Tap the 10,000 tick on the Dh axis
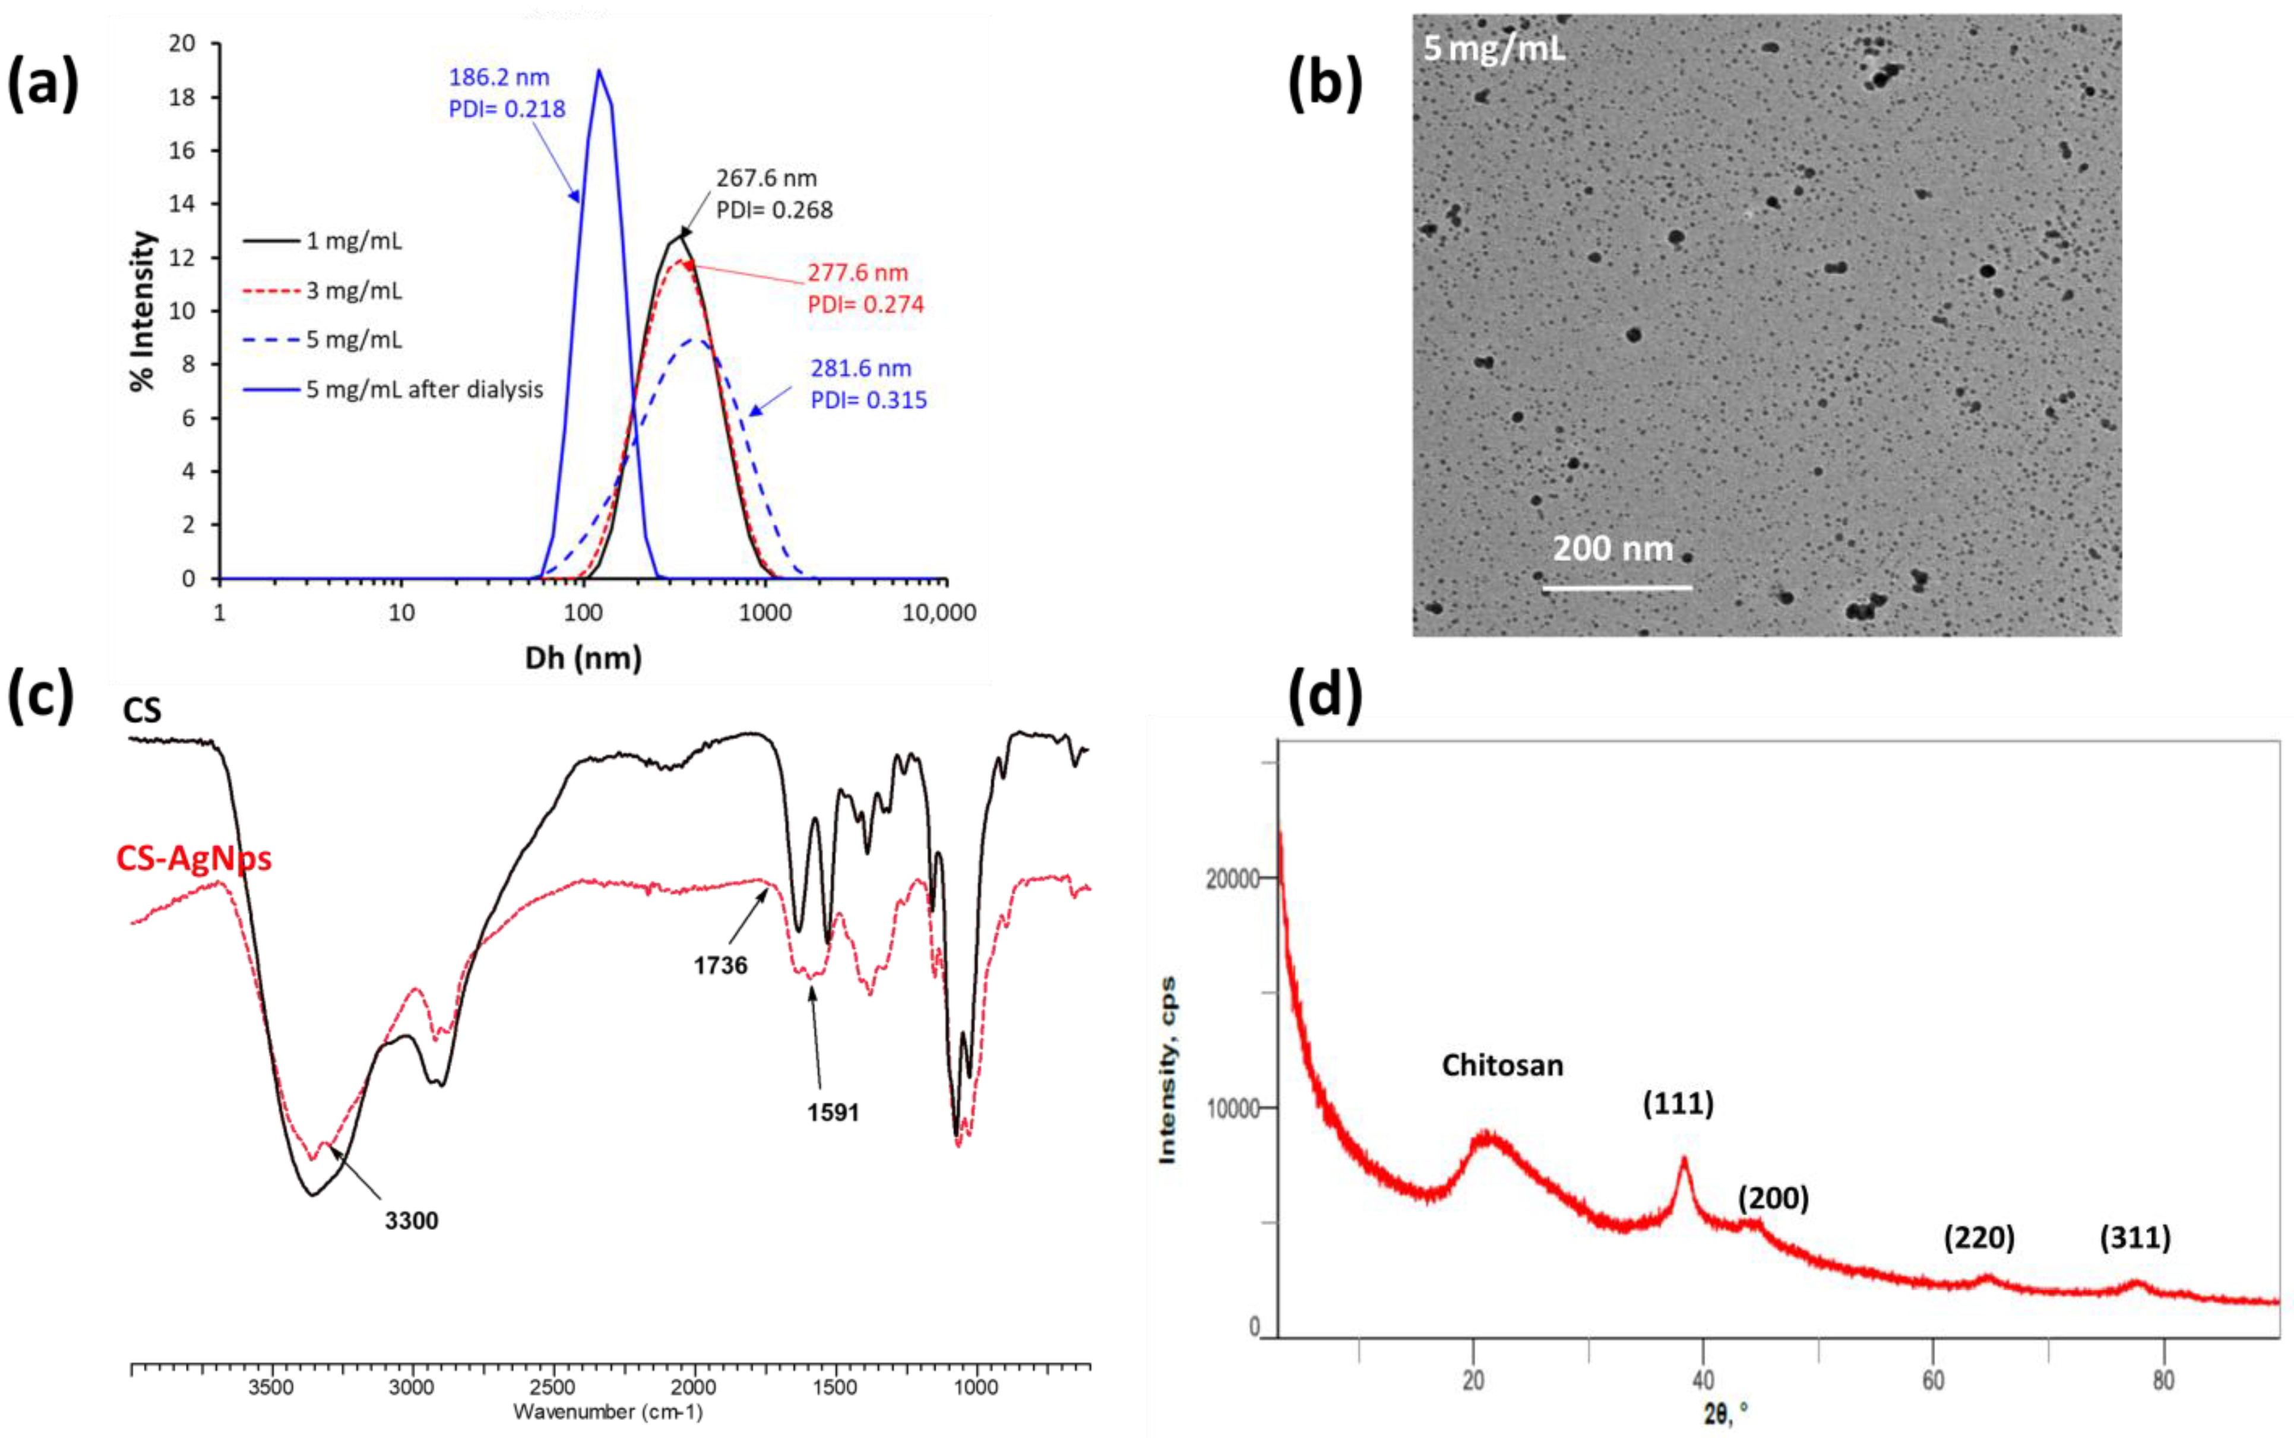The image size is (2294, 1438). click(939, 613)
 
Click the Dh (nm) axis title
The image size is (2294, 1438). click(583, 657)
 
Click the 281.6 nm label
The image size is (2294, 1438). click(860, 368)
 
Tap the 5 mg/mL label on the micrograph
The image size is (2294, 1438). click(1493, 47)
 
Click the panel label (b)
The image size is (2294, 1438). click(1325, 84)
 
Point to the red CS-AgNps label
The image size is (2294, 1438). click(194, 858)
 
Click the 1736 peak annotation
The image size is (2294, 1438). click(720, 966)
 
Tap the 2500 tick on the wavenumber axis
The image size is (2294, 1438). click(553, 1388)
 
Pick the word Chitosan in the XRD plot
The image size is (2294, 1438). click(1502, 1065)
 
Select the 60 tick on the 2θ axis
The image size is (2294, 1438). click(1932, 1380)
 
